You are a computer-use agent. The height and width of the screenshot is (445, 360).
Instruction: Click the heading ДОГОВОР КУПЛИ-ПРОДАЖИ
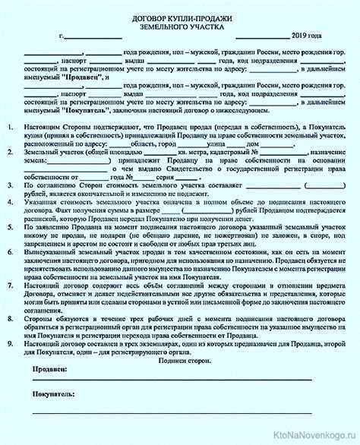click(x=179, y=15)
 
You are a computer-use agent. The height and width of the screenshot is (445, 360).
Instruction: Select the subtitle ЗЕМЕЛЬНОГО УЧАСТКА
click(x=179, y=25)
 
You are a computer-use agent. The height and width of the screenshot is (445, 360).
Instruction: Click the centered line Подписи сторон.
click(x=179, y=359)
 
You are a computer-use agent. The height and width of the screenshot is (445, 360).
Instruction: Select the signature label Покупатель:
click(x=53, y=396)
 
